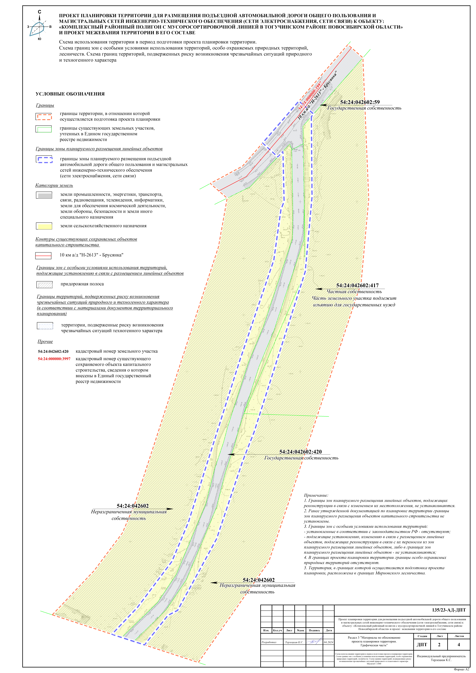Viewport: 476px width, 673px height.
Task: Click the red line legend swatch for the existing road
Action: [x=43, y=256]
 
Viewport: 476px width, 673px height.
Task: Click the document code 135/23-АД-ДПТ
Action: [x=448, y=610]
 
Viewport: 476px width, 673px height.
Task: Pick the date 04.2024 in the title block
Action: [x=328, y=642]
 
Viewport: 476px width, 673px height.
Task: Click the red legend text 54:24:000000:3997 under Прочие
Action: [x=54, y=359]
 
